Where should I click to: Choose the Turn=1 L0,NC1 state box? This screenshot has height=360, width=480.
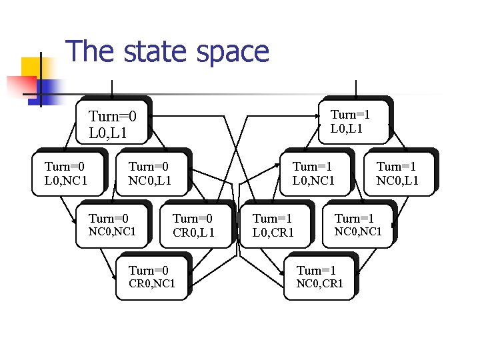tap(313, 173)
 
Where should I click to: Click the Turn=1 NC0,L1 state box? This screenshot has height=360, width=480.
tap(397, 173)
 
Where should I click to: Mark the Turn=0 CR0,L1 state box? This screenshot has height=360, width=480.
tap(193, 225)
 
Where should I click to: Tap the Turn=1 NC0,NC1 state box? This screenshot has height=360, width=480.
tap(357, 225)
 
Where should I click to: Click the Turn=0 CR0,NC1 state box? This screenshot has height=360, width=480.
tap(151, 277)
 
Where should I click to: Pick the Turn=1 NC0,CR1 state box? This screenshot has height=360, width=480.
tap(320, 277)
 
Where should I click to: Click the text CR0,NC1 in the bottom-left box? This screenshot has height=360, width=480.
tap(151, 283)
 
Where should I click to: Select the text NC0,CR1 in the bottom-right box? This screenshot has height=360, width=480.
tap(320, 283)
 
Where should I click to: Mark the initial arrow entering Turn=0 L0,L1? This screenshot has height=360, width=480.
tap(112, 90)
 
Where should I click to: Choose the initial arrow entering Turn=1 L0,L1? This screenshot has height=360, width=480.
tap(357, 88)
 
